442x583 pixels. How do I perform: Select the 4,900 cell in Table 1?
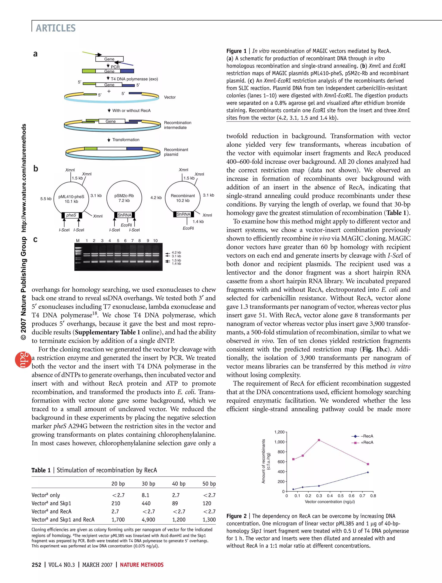tap(148, 520)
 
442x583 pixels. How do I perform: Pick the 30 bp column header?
tap(148, 484)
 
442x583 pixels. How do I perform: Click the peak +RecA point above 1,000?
tap(319, 440)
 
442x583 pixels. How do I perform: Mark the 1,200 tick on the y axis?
tap(279, 432)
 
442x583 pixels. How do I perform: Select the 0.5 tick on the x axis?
tap(341, 496)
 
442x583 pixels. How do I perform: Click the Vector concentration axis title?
tap(330, 502)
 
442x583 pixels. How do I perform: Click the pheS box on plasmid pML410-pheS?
tap(71, 215)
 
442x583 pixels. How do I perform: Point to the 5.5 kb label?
tap(46, 199)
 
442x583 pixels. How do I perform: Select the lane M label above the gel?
tap(78, 241)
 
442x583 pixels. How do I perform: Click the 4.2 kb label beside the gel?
tap(176, 252)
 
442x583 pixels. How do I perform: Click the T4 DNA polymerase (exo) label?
tap(134, 79)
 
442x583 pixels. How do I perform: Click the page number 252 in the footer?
tap(36, 565)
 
